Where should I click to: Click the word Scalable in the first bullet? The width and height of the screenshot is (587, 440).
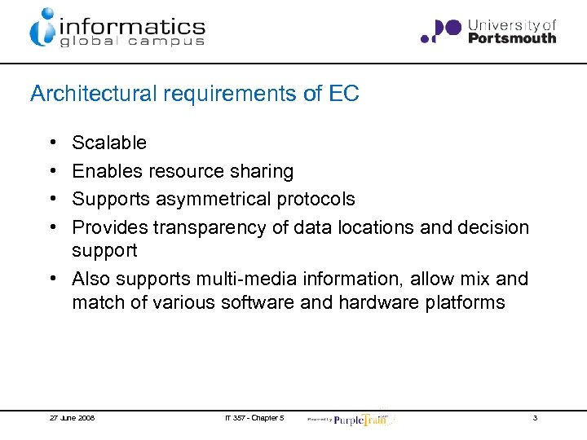coord(109,143)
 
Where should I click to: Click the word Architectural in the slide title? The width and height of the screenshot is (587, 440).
coord(94,94)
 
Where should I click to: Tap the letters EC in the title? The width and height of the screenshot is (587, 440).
coord(344,94)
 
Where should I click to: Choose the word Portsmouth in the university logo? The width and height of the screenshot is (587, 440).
coord(512,37)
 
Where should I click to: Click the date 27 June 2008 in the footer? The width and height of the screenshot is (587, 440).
coord(72,418)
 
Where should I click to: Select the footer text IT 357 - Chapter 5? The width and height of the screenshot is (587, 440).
coord(254,418)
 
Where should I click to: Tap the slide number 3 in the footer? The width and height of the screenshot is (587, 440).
coord(535,418)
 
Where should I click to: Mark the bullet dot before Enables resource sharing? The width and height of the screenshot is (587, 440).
coord(51,171)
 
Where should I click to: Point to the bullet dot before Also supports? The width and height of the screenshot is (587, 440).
coord(51,279)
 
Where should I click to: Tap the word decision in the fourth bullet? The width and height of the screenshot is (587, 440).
coord(491,227)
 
